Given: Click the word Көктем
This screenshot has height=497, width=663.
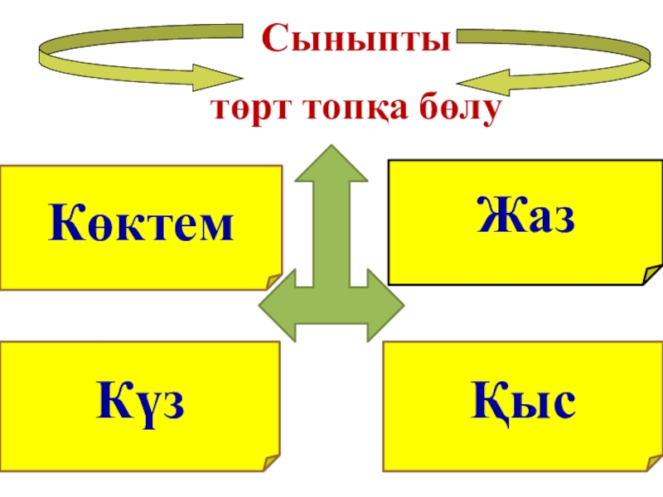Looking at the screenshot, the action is click(141, 226).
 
